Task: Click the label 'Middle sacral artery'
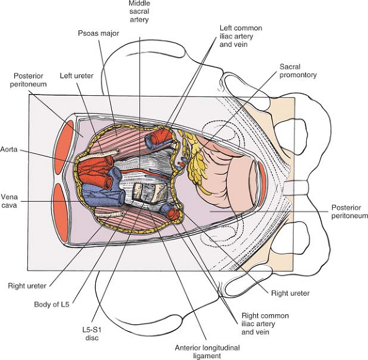[x=139, y=11]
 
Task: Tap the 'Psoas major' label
[x=98, y=33]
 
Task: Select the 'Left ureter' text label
[x=77, y=76]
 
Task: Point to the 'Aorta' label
[x=9, y=149]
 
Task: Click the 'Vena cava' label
[x=9, y=201]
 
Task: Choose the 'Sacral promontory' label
[x=298, y=71]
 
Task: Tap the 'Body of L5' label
[x=51, y=304]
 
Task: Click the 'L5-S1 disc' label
[x=92, y=334]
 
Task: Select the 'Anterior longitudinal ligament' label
[x=207, y=351]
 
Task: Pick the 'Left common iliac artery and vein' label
[x=241, y=36]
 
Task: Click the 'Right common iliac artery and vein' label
[x=265, y=324]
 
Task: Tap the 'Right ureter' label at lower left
[x=27, y=286]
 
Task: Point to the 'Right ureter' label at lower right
[x=290, y=293]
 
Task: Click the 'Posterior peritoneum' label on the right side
[x=349, y=212]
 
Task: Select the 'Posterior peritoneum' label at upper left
[x=28, y=80]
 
